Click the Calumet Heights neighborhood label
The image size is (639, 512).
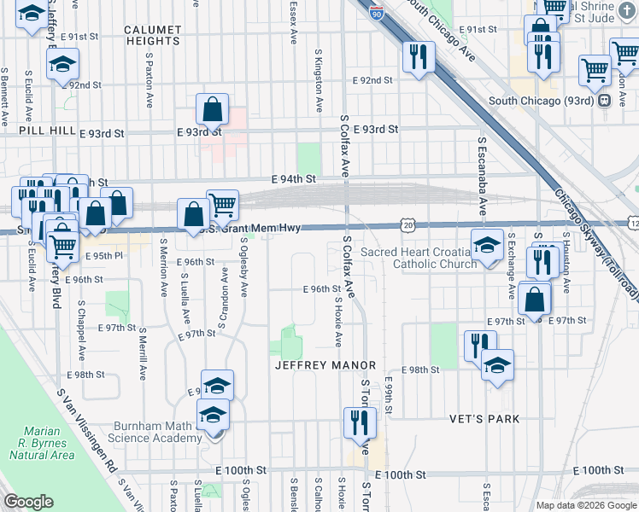coord(152,34)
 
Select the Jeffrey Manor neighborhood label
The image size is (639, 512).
coord(320,365)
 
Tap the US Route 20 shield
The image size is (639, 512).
coord(407,224)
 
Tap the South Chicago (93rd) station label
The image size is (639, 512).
coord(542,101)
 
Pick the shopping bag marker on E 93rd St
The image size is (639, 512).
coord(212,110)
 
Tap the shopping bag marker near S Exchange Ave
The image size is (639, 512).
coord(534,300)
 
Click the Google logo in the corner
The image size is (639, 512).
coord(28,502)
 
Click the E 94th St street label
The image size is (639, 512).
coord(294,179)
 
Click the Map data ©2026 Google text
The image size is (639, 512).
coord(585,505)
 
